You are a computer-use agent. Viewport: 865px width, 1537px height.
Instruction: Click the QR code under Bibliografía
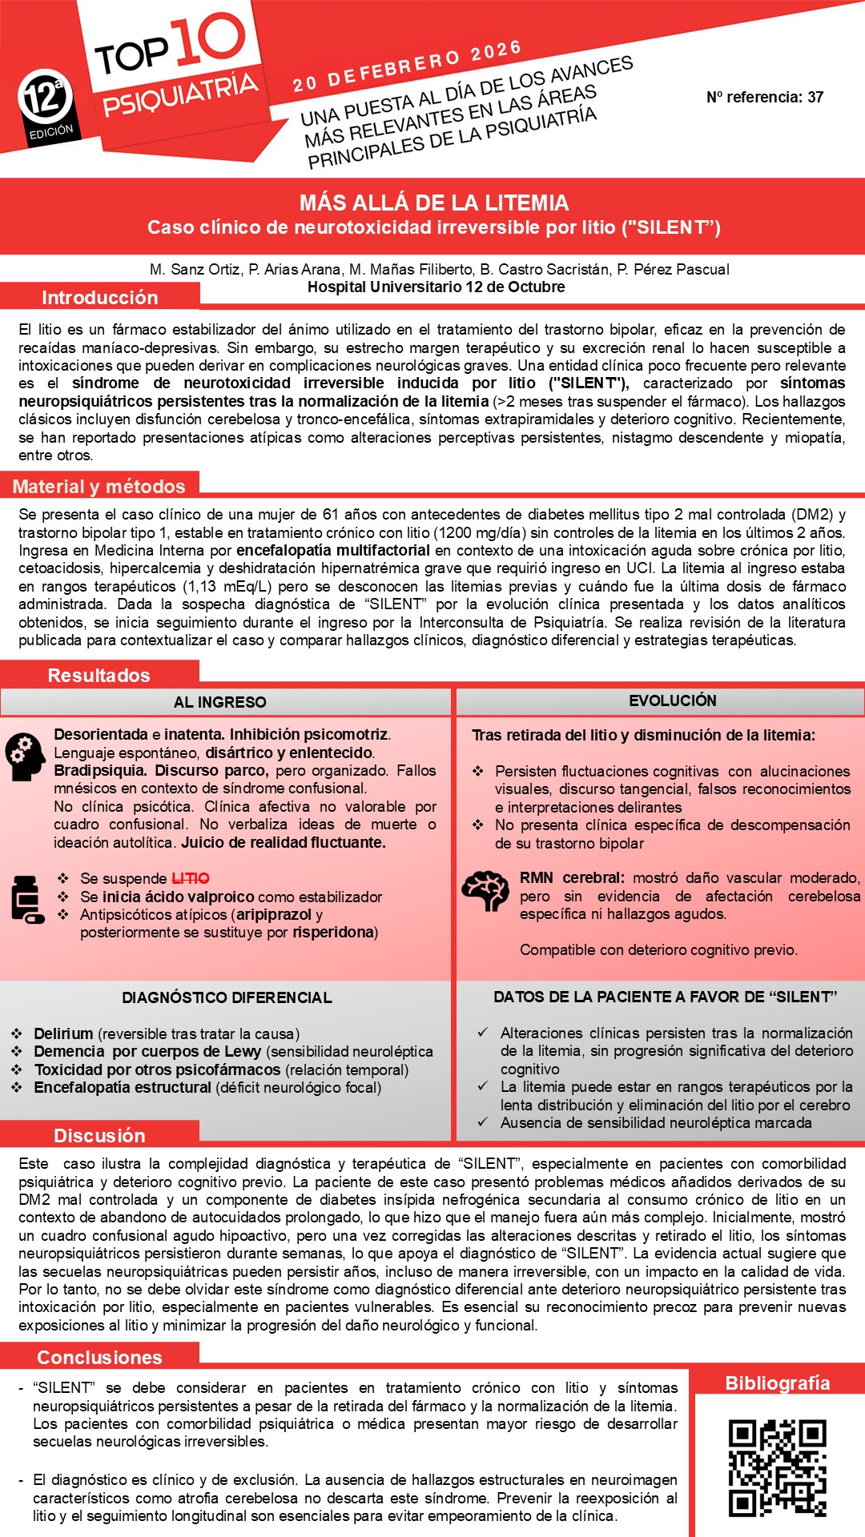(x=777, y=1468)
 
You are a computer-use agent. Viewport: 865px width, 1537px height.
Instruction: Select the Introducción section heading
(x=99, y=298)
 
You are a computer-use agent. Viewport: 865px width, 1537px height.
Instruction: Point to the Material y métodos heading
(x=99, y=487)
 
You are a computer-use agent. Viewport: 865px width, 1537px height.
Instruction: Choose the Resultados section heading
(x=99, y=676)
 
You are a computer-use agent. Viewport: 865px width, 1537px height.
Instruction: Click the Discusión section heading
(x=99, y=1135)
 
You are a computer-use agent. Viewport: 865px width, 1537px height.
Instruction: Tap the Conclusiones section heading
(x=99, y=1357)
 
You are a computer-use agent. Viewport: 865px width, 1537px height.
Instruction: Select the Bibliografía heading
(x=777, y=1383)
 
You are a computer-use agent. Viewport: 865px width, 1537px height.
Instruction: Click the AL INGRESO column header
(x=220, y=702)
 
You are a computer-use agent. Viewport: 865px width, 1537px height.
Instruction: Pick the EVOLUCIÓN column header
(x=673, y=700)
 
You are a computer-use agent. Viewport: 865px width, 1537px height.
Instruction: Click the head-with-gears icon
(x=26, y=756)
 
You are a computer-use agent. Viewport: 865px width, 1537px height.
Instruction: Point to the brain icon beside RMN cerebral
(x=485, y=890)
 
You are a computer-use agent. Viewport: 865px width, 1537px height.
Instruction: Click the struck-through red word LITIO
(x=191, y=879)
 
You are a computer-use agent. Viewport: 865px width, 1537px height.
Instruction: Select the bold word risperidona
(x=333, y=933)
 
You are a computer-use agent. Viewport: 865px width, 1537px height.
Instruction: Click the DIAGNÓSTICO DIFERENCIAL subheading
(x=227, y=997)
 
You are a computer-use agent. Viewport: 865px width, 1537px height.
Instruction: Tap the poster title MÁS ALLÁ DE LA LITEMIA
(x=434, y=203)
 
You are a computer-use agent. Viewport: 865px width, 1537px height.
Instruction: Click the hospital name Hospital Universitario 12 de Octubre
(x=437, y=287)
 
